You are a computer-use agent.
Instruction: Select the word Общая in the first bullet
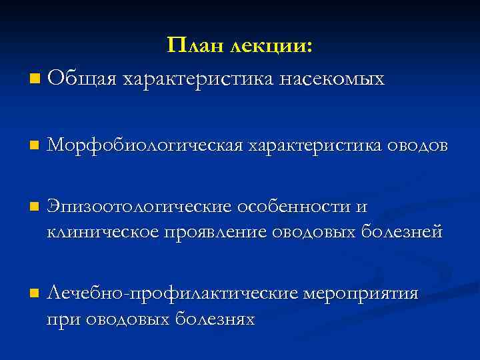tap(82, 79)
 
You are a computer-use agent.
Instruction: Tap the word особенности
tap(297, 207)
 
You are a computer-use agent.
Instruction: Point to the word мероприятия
tap(361, 293)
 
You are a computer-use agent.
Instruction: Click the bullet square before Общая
tap(34, 80)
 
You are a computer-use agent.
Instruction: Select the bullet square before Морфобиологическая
tap(34, 145)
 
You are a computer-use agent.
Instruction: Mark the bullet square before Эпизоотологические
tap(34, 207)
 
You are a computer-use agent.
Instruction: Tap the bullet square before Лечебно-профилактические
tap(34, 294)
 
